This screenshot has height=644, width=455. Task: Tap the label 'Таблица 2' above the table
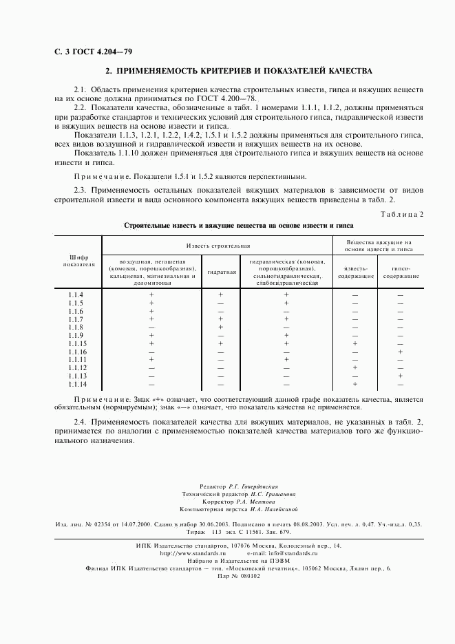[x=402, y=214]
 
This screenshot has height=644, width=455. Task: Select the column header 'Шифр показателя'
[x=78, y=260]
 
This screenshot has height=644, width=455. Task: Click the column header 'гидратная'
[x=221, y=272]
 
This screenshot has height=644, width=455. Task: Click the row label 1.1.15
[x=76, y=343]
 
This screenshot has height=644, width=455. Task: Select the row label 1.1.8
[x=76, y=327]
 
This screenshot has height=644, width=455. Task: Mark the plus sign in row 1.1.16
[x=400, y=352]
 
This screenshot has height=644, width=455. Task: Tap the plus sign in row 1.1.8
[x=221, y=327]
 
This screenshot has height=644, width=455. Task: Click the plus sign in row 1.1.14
[x=355, y=384]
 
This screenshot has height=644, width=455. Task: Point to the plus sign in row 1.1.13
[x=400, y=376]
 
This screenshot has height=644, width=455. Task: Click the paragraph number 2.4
[x=81, y=420]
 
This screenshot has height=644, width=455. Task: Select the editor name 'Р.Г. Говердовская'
[x=253, y=486]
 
